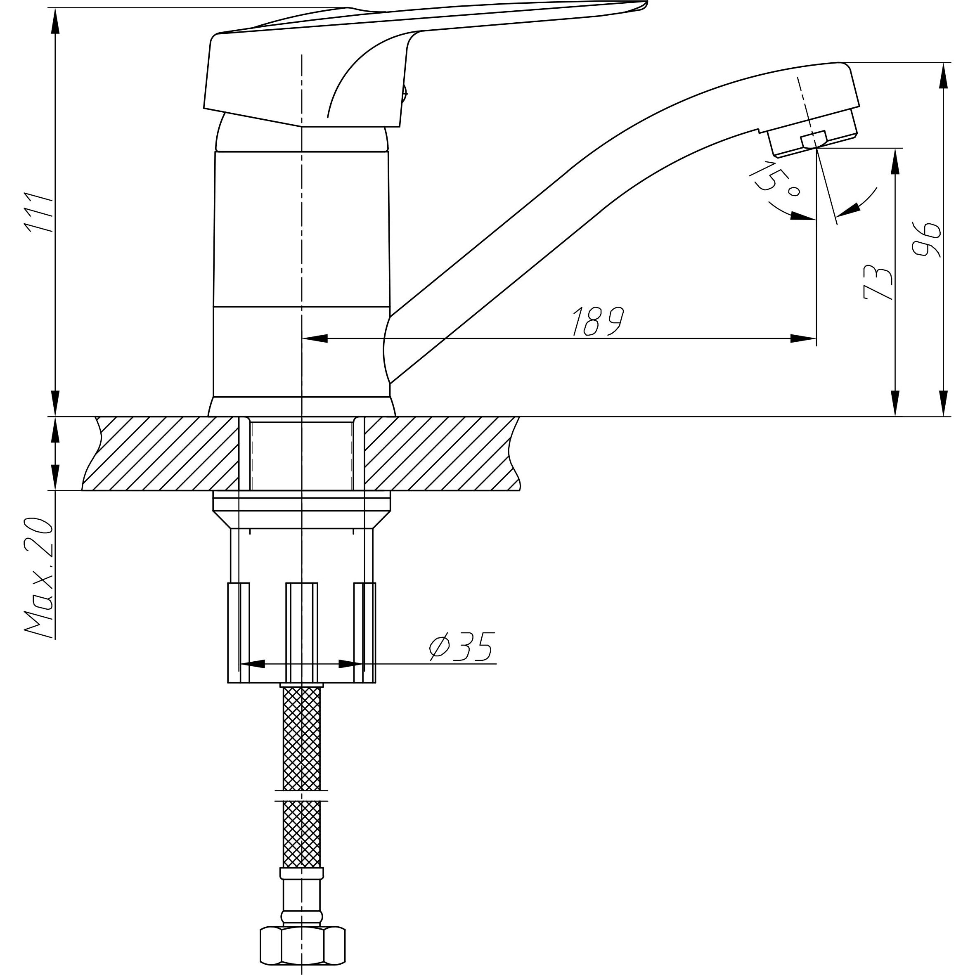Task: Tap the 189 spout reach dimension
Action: point(599,322)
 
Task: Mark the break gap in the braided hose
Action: point(302,796)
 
